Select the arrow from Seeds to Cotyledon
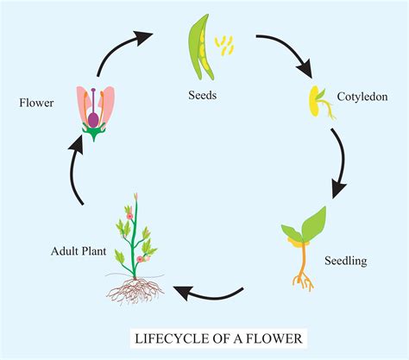(284, 52)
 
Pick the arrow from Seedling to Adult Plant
(207, 294)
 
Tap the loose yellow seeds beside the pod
(226, 44)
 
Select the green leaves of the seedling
(306, 226)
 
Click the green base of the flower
(94, 132)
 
